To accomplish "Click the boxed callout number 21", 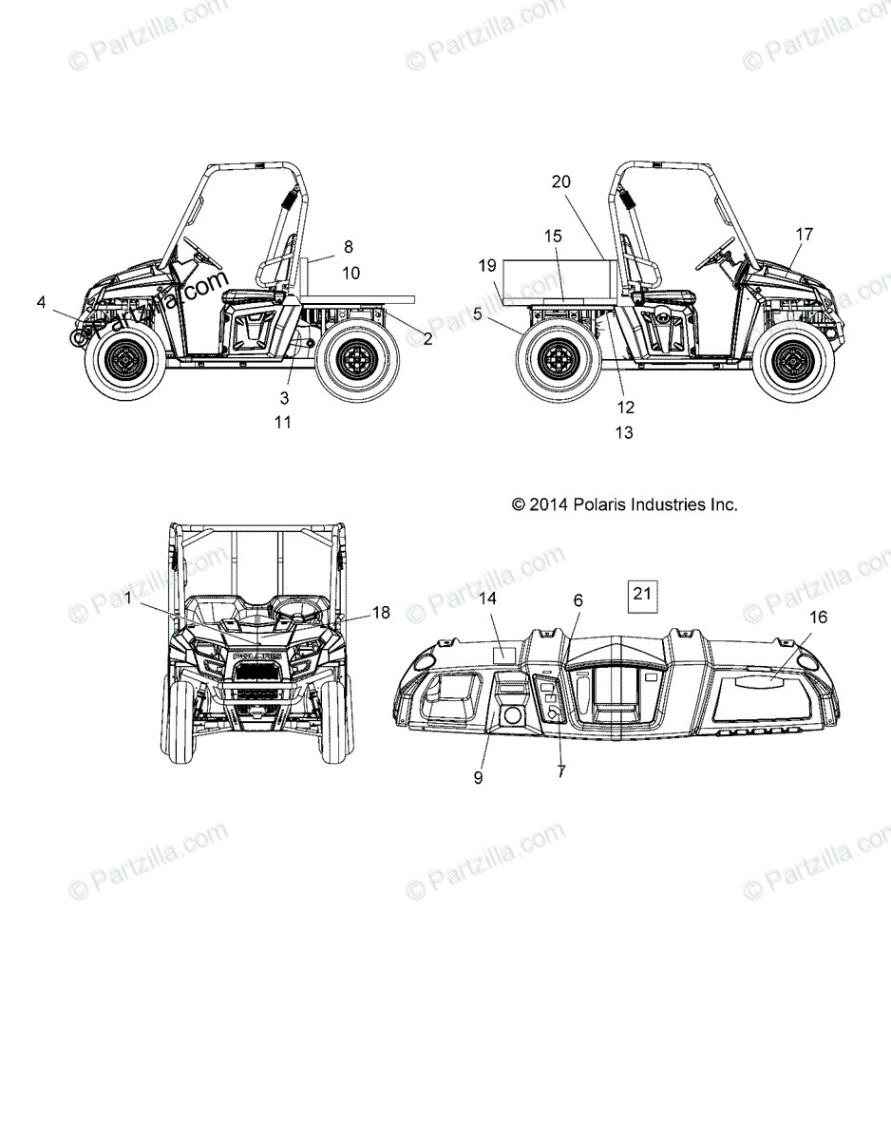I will coord(642,594).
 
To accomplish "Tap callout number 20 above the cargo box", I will coord(561,182).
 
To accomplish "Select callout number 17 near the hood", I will coord(805,234).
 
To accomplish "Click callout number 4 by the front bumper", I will coord(41,302).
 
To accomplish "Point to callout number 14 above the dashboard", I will coord(488,598).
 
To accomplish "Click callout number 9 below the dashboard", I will coord(478,777).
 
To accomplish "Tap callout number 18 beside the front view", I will coord(381,613).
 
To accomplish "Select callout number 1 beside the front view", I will coord(127,598).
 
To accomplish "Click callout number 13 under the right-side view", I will coord(624,433).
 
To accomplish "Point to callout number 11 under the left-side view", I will coord(283,422).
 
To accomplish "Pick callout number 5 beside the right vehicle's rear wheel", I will coord(478,312).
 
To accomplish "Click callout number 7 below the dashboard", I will coord(561,772).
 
